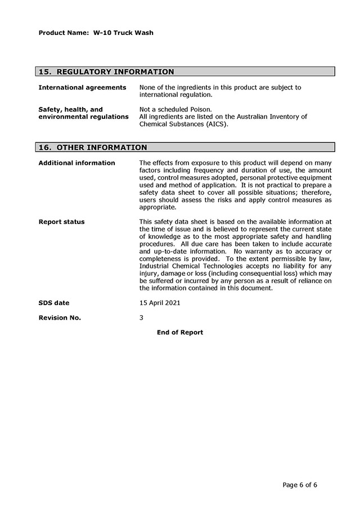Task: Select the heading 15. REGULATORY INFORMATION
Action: [106, 72]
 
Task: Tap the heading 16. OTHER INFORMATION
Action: [92, 147]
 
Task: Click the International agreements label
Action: [82, 88]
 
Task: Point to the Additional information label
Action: [76, 163]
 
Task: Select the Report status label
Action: [61, 222]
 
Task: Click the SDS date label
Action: [54, 303]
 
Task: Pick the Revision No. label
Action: [60, 317]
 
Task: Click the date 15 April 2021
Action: [160, 303]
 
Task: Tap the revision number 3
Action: [141, 317]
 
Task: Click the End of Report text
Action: [180, 333]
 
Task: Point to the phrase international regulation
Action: [175, 95]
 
